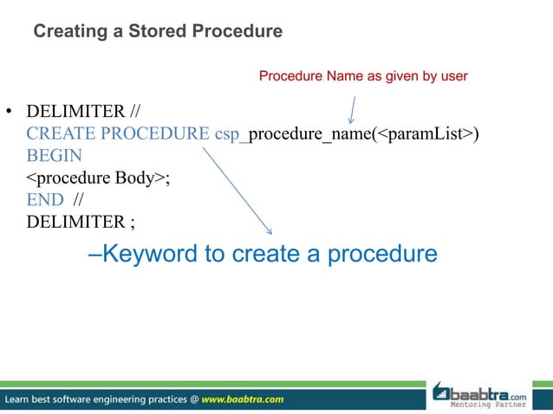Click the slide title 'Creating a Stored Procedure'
tap(157, 32)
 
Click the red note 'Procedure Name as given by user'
tap(363, 76)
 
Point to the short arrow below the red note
tap(353, 108)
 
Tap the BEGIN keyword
tap(54, 156)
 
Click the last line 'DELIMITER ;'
tap(81, 221)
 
